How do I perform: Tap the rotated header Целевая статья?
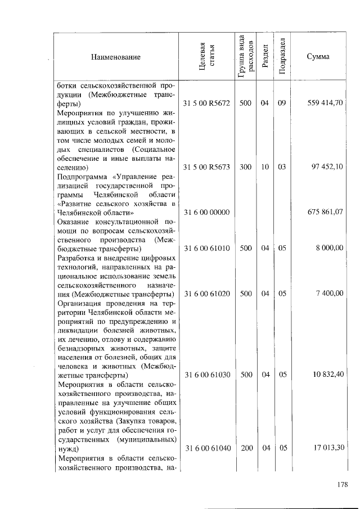tap(206, 57)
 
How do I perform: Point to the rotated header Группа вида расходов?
tap(245, 56)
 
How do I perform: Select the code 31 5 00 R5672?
tap(206, 103)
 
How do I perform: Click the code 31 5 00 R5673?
tap(206, 167)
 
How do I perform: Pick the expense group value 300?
tap(245, 167)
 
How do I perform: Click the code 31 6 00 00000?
tap(206, 212)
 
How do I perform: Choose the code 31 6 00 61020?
tap(206, 293)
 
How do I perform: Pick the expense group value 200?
tap(245, 448)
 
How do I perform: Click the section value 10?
tap(264, 167)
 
